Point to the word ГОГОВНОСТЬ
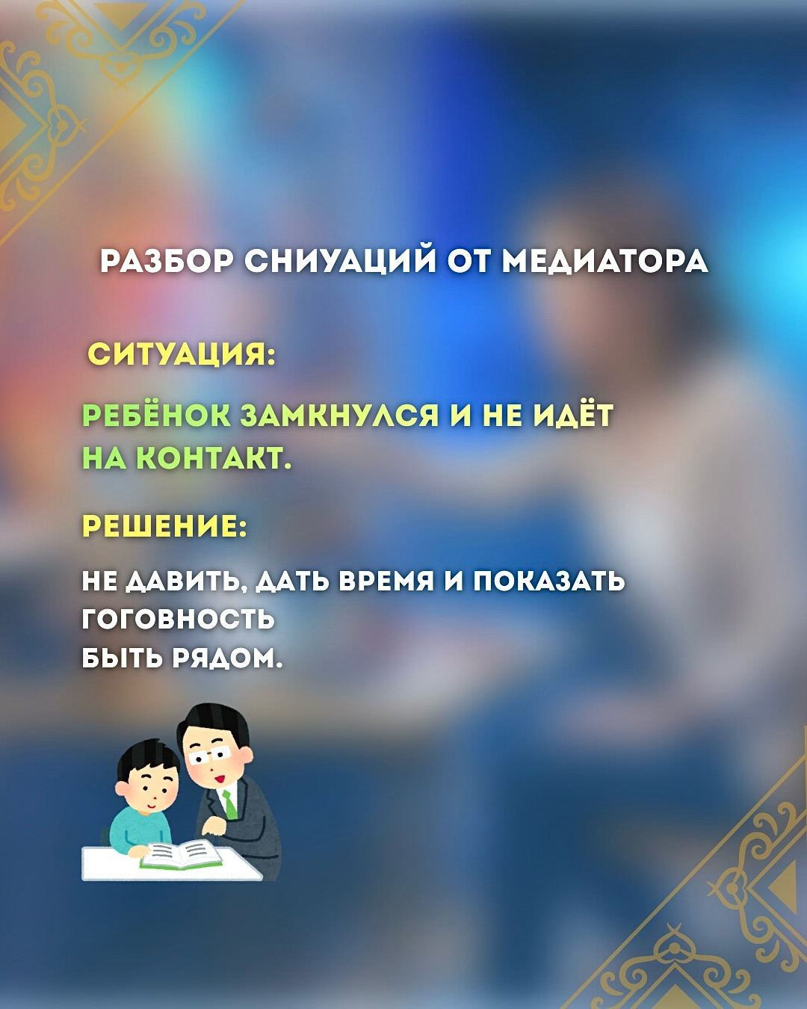(178, 620)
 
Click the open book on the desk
(182, 854)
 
